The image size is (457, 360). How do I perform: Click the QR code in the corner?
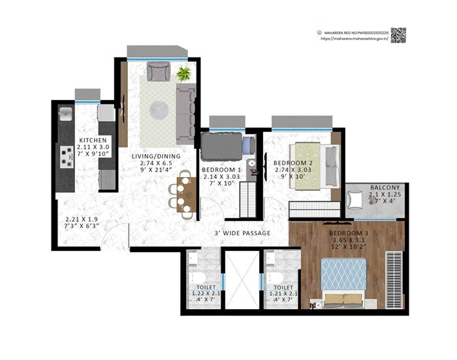398,35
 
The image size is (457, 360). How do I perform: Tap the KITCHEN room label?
89,140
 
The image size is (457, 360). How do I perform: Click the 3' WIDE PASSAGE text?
242,233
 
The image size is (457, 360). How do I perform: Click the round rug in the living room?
159,109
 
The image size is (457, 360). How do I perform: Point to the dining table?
187,195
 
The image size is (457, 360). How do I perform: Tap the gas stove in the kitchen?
66,155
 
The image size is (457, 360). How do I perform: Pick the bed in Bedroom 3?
343,280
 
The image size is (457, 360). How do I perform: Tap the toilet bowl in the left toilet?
193,260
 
